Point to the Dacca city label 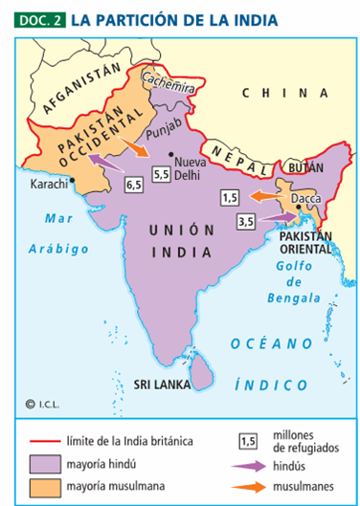coord(305,200)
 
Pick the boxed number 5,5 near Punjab coord(161,174)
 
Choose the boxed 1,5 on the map coord(229,197)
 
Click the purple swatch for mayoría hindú coord(44,462)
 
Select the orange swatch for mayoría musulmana coord(44,486)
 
